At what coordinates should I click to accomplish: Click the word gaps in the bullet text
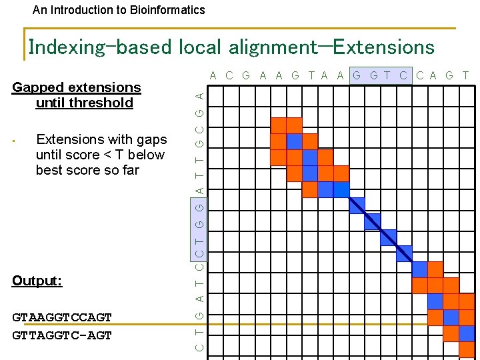151,139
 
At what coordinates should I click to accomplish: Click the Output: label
37,281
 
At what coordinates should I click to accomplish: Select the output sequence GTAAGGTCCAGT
62,317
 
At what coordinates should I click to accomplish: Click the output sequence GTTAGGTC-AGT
62,335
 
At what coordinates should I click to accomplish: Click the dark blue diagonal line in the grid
379,230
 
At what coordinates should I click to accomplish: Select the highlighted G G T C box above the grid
381,75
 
